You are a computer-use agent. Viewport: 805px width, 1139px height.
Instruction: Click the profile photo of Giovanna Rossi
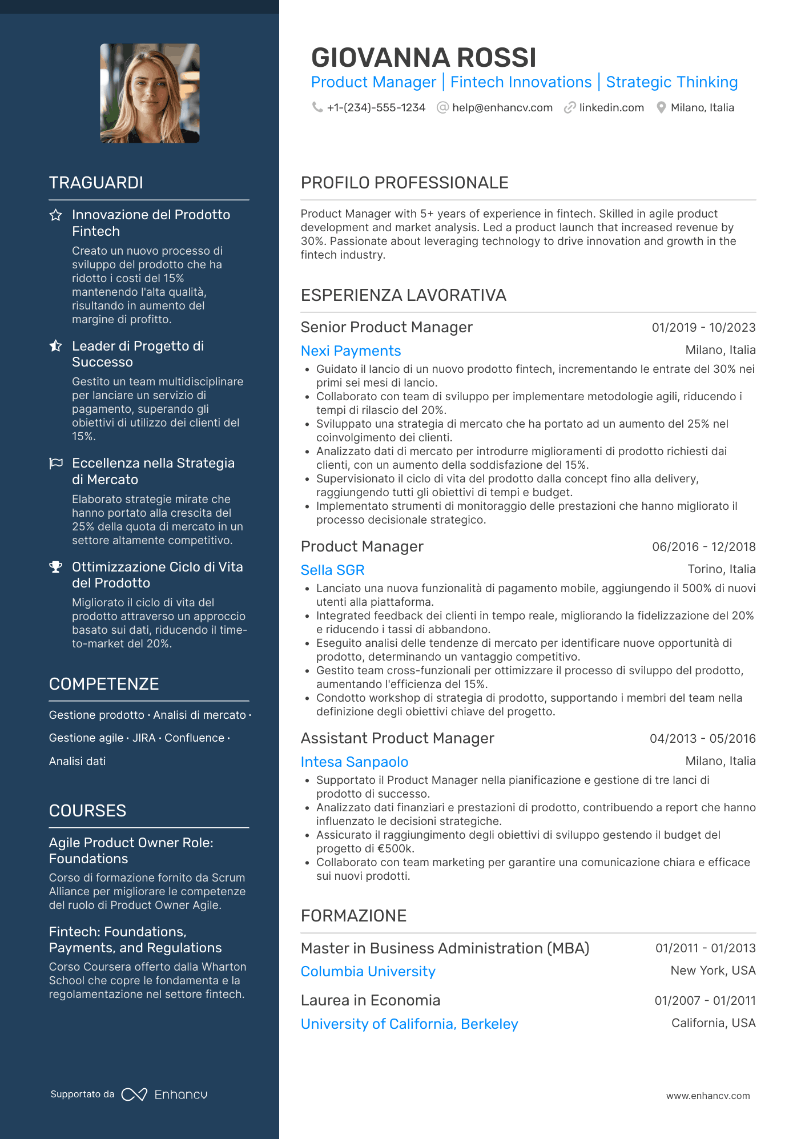[x=150, y=93]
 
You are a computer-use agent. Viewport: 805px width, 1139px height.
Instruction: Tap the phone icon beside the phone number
[x=317, y=107]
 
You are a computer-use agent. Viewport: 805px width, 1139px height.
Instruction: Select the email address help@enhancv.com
[x=502, y=108]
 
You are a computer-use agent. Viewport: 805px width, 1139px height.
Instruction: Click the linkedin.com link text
[x=611, y=108]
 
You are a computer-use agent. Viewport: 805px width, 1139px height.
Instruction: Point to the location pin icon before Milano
[x=661, y=108]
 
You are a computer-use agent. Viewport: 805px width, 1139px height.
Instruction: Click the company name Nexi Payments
[x=351, y=351]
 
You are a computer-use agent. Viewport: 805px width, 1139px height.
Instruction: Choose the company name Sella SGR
[x=332, y=570]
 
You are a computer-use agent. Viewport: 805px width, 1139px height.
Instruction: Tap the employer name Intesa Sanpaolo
[x=354, y=762]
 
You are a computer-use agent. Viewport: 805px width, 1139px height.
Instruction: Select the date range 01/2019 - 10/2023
[x=703, y=328]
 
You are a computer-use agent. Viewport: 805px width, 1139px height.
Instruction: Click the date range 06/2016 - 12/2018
[x=703, y=547]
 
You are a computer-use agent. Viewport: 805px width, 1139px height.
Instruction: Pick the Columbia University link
[x=368, y=972]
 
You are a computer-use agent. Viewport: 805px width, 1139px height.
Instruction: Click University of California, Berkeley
[x=409, y=1024]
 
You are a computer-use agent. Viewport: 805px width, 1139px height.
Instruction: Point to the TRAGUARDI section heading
[x=96, y=183]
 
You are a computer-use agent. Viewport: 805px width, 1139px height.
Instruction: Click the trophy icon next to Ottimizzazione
[x=55, y=567]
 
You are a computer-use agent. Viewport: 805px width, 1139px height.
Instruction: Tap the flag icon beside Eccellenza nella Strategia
[x=56, y=463]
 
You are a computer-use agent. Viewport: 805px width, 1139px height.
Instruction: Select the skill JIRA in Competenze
[x=144, y=738]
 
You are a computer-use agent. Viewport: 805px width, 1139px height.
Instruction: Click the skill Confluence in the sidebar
[x=194, y=738]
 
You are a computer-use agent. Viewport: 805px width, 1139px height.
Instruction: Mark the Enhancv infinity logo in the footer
[x=134, y=1094]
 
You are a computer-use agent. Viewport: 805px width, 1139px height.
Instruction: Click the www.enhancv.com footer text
[x=707, y=1096]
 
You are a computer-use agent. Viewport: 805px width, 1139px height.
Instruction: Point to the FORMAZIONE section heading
[x=353, y=916]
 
